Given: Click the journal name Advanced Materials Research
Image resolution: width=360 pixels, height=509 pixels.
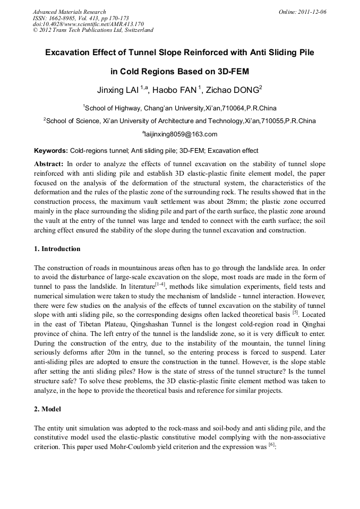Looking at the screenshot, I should (70, 12).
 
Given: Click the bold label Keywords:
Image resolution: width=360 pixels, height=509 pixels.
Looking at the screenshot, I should (50, 151).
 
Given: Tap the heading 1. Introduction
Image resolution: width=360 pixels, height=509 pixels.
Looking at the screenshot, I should (57, 249).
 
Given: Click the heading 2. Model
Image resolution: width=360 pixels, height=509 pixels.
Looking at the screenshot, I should (47, 409).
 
